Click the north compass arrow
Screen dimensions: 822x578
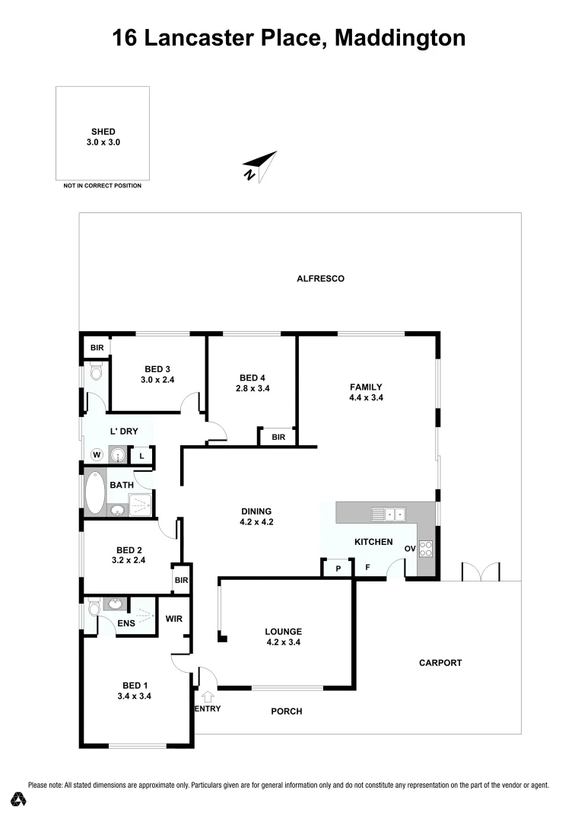[x=259, y=167]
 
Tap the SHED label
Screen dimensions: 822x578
[x=103, y=132]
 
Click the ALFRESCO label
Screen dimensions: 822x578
[x=320, y=279]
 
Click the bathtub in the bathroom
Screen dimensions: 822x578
[x=96, y=492]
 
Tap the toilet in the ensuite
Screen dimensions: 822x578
[x=94, y=607]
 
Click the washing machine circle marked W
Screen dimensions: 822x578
[x=97, y=454]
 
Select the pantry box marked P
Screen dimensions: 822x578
[x=337, y=568]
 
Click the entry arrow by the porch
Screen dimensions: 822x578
[x=209, y=696]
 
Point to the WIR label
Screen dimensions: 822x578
[x=174, y=619]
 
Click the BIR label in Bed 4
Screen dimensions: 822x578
[x=278, y=437]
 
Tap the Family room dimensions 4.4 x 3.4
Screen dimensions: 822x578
[x=366, y=397]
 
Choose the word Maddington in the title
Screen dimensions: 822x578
[x=400, y=37]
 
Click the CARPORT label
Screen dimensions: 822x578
[x=440, y=663]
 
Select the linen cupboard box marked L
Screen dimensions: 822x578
[x=141, y=456]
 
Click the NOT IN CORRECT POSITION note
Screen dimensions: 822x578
[x=102, y=186]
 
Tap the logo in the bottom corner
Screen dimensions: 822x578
[x=19, y=799]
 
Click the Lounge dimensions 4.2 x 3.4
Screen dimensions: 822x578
[x=284, y=642]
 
